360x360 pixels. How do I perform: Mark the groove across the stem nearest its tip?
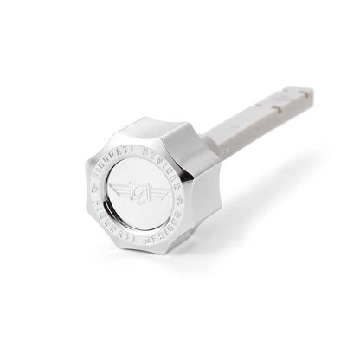point(286,97)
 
